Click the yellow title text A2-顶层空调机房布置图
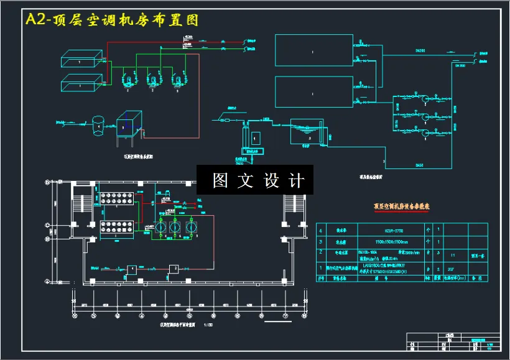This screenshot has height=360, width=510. [112, 20]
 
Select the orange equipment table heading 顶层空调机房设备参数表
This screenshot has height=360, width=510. [401, 205]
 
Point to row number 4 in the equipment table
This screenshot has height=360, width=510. [321, 229]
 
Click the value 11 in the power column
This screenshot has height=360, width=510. [452, 255]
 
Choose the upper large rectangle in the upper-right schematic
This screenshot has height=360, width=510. [313, 50]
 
